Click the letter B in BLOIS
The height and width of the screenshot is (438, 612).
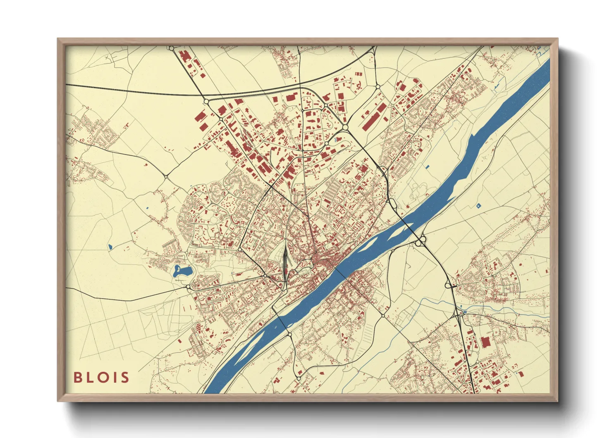pos(77,378)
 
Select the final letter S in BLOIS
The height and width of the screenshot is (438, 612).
pos(125,378)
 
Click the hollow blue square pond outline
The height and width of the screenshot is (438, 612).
pos(479,205)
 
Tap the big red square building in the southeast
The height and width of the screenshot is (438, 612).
pos(485,342)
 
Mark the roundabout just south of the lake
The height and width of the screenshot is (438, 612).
pos(188,286)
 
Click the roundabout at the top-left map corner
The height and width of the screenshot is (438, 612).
pos(171,48)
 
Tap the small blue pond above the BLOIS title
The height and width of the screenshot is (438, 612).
pos(110,247)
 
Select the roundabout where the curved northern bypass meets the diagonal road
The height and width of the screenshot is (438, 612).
pos(206,101)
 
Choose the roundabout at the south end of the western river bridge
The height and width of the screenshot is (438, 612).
pos(289,334)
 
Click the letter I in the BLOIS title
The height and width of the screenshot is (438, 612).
pos(114,378)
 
